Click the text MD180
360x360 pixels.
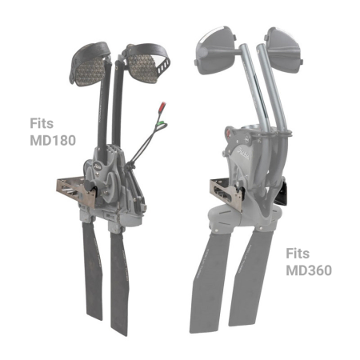coord(50,141)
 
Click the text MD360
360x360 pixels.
coord(308,270)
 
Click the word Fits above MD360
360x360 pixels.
coord(300,254)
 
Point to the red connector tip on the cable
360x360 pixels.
coord(162,106)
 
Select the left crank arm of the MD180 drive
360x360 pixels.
coord(102,112)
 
